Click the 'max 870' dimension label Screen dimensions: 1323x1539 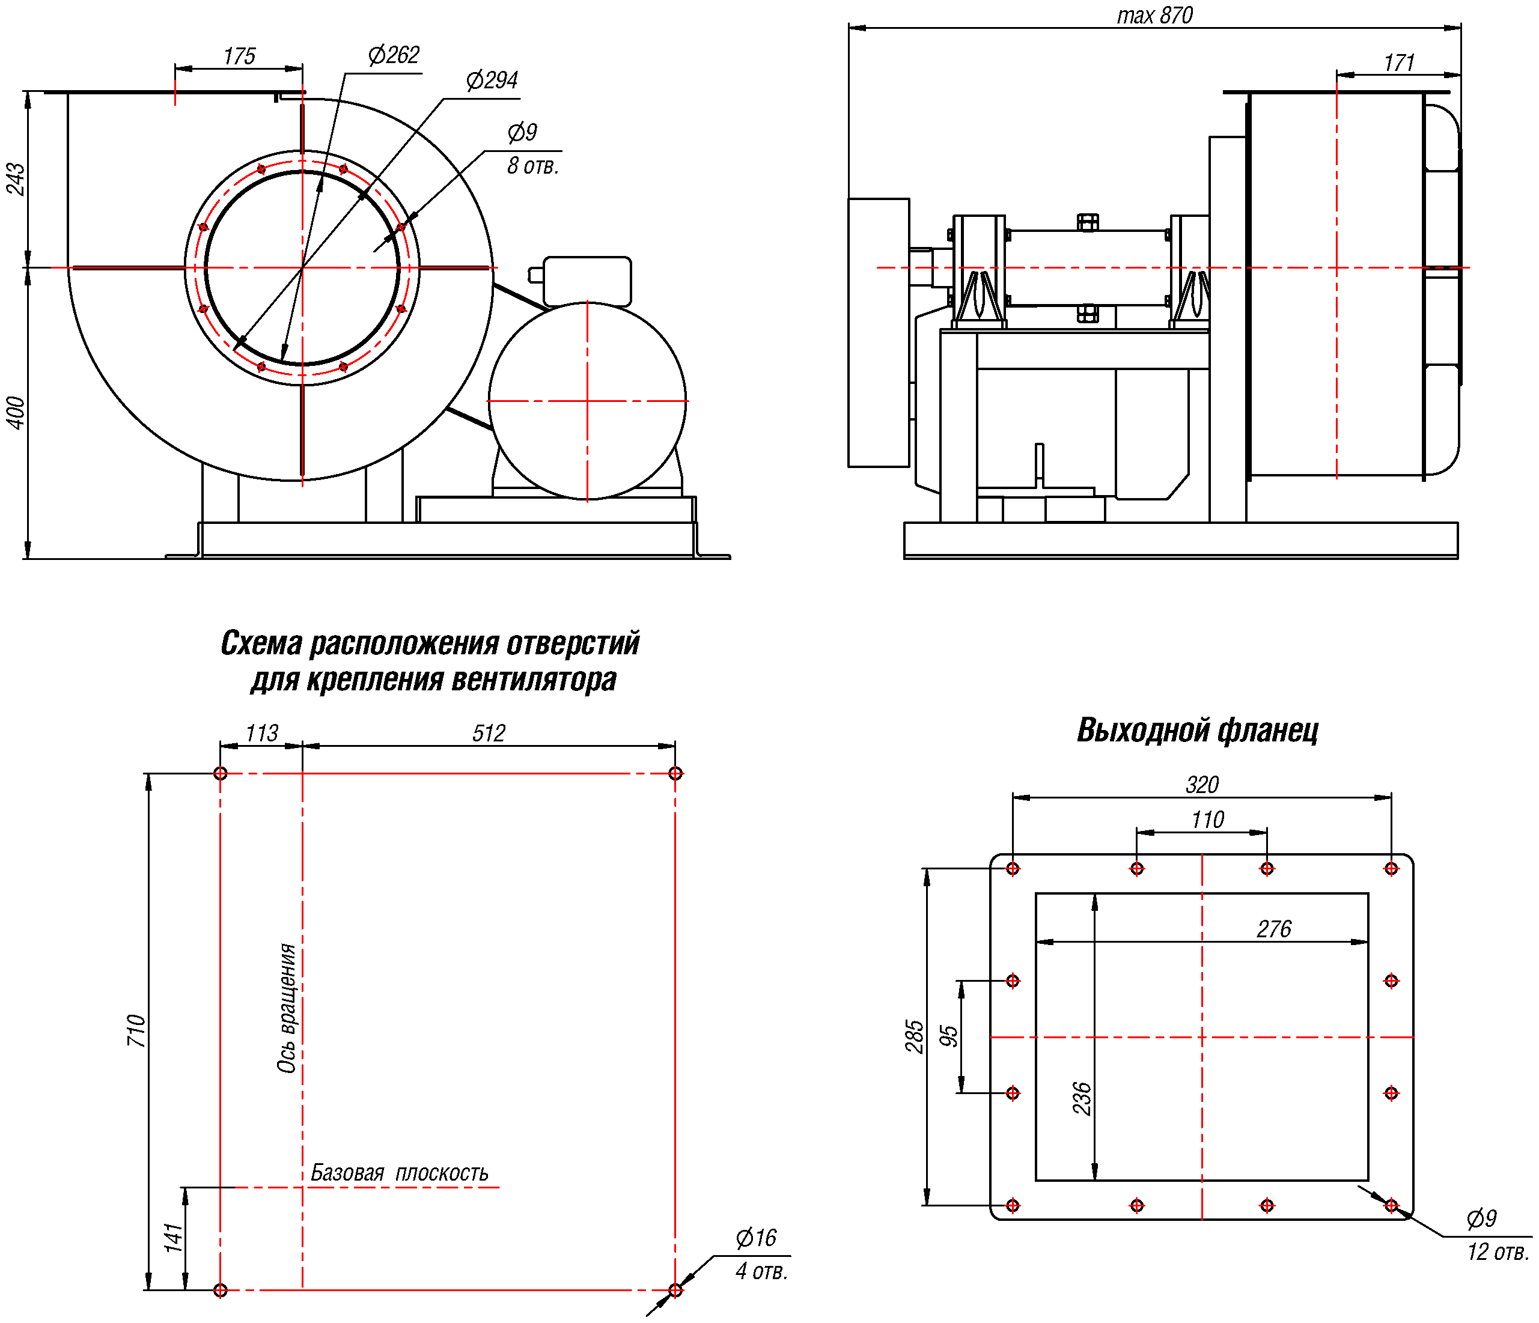(1154, 16)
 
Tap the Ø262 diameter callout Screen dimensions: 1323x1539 (394, 55)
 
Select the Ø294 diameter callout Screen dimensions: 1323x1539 (492, 80)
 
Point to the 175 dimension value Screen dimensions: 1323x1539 (239, 56)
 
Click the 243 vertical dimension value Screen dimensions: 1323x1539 (16, 179)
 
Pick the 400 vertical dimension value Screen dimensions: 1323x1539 (16, 413)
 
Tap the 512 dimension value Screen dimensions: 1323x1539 (489, 734)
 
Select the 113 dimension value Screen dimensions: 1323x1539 (261, 734)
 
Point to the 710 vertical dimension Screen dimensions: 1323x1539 (136, 1030)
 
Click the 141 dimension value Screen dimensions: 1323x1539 (173, 1238)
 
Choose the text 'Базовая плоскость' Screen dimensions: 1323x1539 (399, 1173)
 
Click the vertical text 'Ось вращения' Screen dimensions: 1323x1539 (287, 1008)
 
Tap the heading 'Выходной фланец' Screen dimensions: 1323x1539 (1197, 731)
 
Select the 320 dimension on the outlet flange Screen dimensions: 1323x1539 (1202, 785)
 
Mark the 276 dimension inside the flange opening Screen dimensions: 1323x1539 (1274, 929)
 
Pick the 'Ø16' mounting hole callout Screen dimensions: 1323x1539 (755, 1238)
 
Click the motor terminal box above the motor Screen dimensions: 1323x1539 (587, 280)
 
